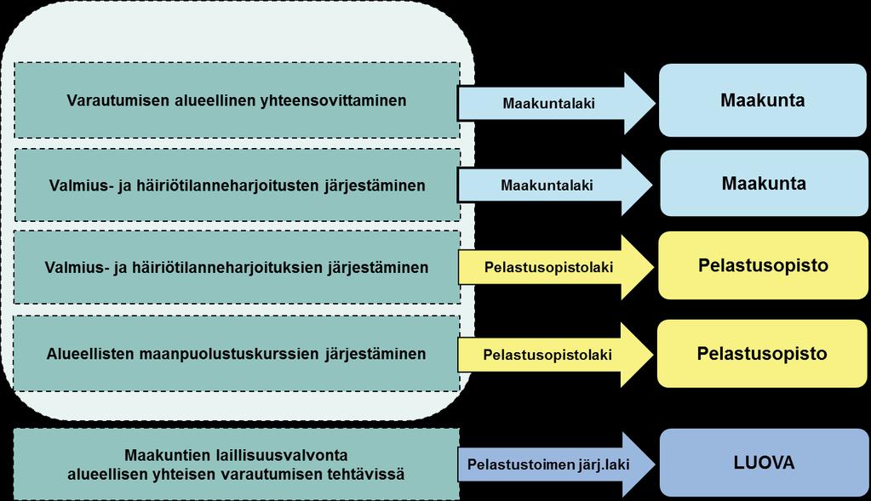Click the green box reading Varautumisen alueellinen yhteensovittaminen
pos(237,100)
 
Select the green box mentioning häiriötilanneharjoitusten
pos(238,185)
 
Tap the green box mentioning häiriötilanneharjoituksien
pos(237,267)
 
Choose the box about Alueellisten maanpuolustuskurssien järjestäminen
pos(237,353)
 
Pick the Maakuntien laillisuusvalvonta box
pos(237,464)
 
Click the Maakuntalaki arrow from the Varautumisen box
pos(556,103)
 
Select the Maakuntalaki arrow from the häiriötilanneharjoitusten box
pos(554,185)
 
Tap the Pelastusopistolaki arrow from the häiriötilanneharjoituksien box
pos(556,267)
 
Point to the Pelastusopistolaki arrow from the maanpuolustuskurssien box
pos(555,355)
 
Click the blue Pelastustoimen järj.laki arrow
pos(556,464)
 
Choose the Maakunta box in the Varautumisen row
pos(763,100)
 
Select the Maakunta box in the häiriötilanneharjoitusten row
pos(764,183)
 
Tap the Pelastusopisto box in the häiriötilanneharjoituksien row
pos(763,265)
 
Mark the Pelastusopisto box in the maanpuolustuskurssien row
pos(762,353)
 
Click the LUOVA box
pos(764,463)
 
